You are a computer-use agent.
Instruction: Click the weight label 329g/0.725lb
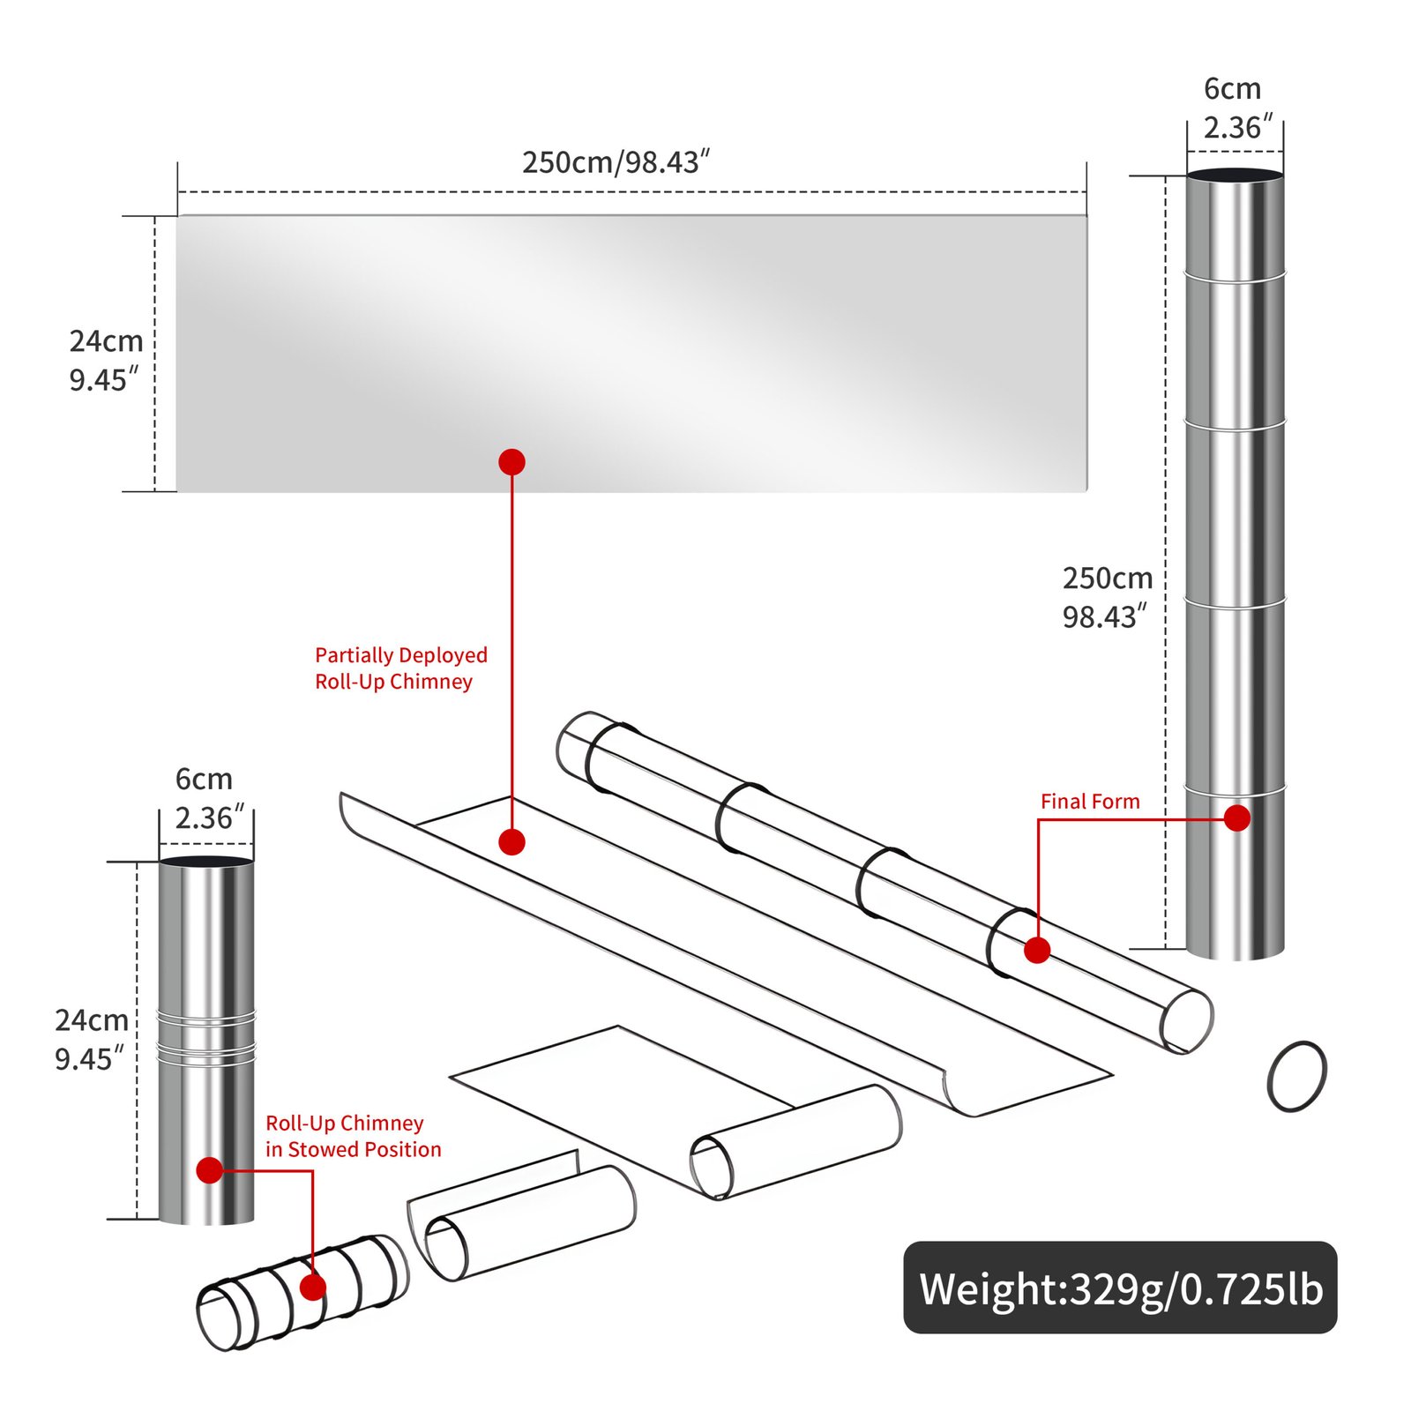[x=1120, y=1288]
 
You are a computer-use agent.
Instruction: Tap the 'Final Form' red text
[x=1089, y=801]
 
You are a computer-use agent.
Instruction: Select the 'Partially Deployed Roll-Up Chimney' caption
[x=400, y=668]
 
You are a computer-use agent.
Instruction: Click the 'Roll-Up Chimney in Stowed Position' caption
[x=353, y=1136]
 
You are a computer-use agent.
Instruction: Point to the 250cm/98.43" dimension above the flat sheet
[x=616, y=162]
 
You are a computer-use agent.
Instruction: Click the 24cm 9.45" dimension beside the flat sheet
[x=105, y=360]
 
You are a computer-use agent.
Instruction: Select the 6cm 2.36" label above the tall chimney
[x=1236, y=108]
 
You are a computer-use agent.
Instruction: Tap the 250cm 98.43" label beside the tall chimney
[x=1107, y=597]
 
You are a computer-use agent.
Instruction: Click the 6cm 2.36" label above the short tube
[x=206, y=798]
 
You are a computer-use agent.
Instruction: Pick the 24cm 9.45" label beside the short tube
[x=91, y=1039]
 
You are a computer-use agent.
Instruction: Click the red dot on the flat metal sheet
[x=511, y=462]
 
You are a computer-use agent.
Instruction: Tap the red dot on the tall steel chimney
[x=1237, y=817]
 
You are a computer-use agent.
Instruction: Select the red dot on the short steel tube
[x=209, y=1170]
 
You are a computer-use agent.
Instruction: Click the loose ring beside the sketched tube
[x=1296, y=1076]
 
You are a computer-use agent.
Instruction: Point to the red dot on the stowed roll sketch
[x=313, y=1288]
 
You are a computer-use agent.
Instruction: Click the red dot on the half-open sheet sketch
[x=511, y=841]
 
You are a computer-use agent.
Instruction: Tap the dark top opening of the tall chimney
[x=1235, y=175]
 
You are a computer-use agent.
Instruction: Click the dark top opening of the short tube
[x=206, y=861]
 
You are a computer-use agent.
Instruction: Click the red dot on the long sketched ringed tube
[x=1037, y=950]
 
